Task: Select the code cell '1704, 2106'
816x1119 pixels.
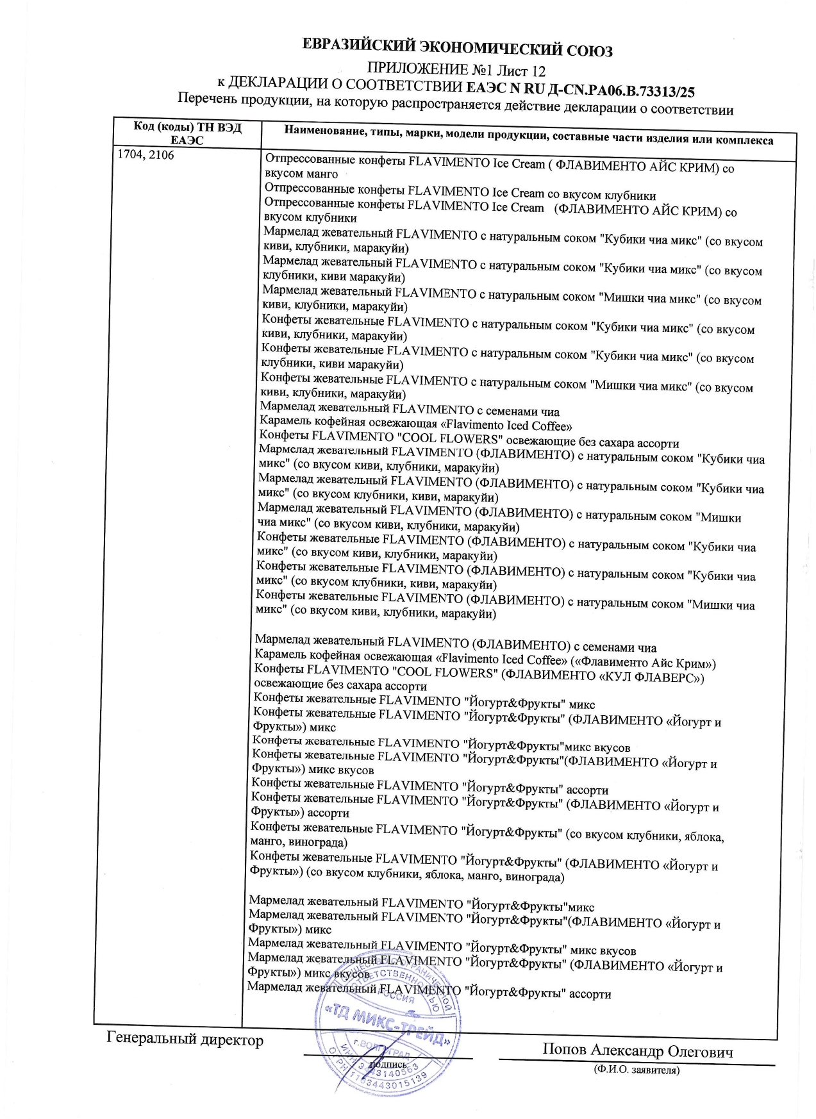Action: click(146, 155)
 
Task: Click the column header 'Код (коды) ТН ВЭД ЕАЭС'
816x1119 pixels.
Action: click(187, 133)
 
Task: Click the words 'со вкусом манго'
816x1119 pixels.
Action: click(301, 174)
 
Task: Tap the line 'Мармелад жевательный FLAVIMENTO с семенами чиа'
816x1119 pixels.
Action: click(410, 410)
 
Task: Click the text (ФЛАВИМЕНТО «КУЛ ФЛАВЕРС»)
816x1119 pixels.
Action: click(602, 676)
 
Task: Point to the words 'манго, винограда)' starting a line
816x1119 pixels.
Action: click(299, 841)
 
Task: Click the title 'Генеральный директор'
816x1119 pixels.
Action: click(185, 1040)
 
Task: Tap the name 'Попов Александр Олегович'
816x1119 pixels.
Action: click(637, 1051)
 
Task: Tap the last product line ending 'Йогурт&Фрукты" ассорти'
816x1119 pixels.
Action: click(429, 991)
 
